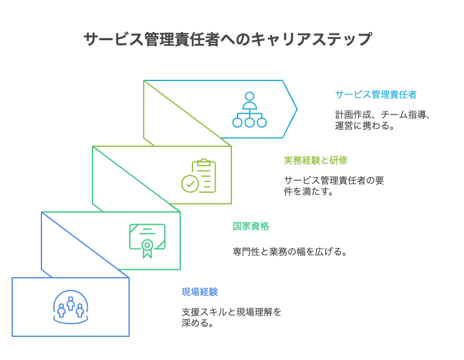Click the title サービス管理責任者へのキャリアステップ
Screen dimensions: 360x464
227,40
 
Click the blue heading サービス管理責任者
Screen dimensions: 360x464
376,94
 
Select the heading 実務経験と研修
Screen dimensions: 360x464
315,160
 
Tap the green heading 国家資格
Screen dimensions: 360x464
250,226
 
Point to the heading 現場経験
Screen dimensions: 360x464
199,292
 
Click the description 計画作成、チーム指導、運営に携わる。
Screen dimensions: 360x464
382,120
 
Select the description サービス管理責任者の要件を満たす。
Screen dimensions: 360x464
334,186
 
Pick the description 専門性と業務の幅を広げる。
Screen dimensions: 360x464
289,252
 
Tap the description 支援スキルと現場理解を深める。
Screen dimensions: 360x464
231,317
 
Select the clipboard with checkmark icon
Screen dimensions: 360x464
199,176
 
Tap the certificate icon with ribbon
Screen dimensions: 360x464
147,241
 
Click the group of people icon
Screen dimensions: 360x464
71,306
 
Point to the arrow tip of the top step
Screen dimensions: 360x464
296,109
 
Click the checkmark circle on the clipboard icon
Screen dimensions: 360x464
190,183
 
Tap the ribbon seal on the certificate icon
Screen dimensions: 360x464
147,246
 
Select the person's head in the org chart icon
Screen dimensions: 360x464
249,96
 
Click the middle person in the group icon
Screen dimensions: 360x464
71,302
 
